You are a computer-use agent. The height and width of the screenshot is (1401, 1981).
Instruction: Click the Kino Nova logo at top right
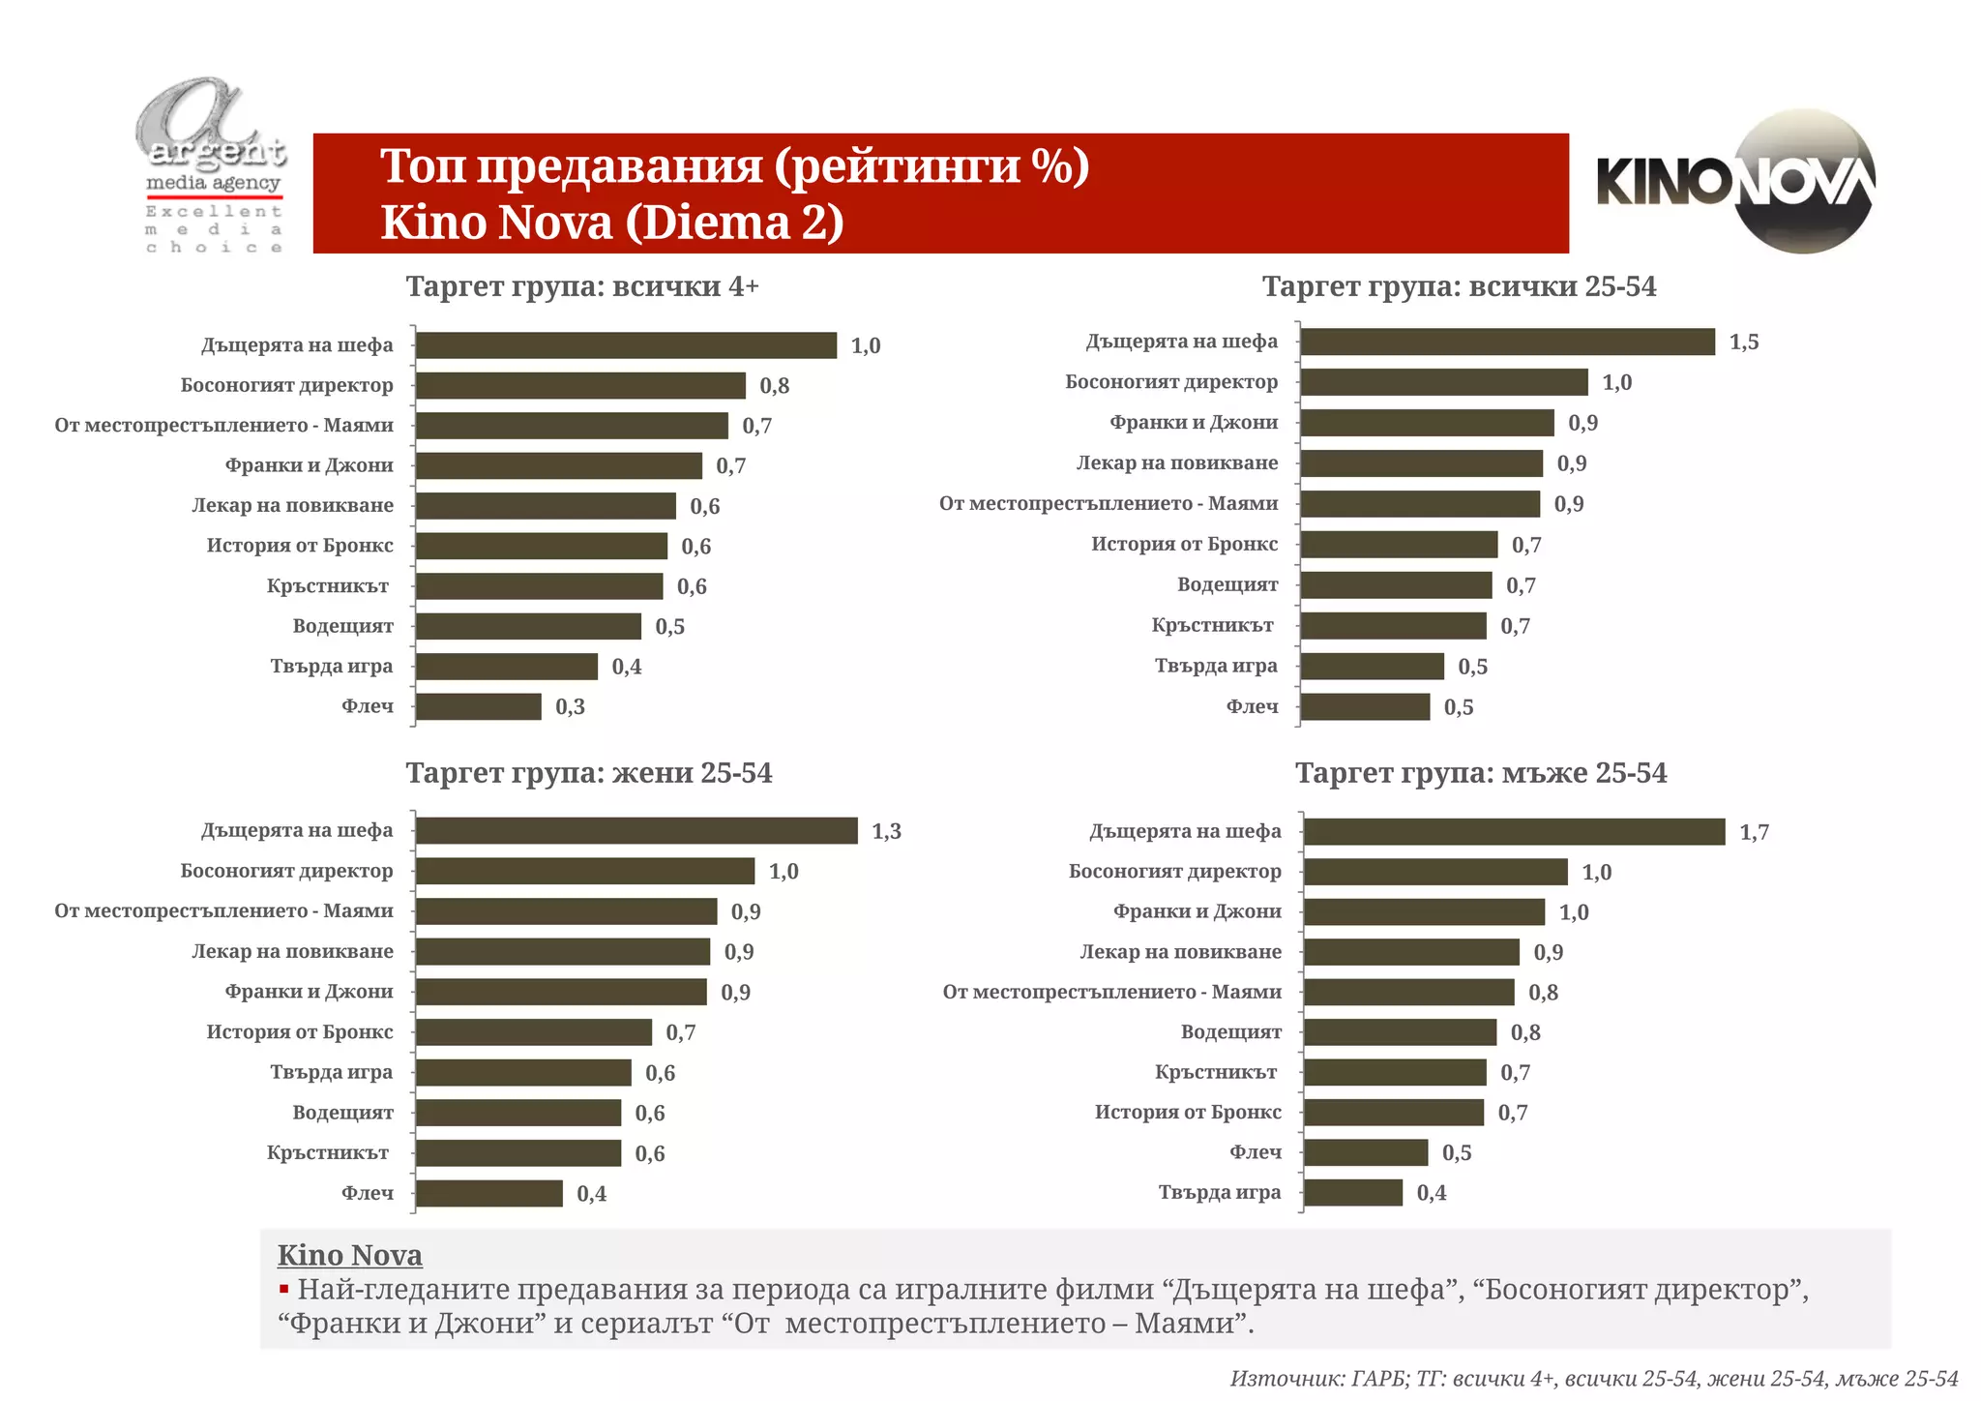tap(1736, 182)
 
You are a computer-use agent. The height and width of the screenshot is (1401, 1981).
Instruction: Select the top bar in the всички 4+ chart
tap(626, 345)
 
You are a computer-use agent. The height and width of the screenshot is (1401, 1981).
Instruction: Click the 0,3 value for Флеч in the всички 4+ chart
tap(570, 707)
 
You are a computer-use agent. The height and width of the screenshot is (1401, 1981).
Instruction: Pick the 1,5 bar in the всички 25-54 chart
tap(1507, 342)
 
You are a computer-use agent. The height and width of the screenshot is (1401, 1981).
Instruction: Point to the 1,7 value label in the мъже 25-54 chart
tap(1754, 832)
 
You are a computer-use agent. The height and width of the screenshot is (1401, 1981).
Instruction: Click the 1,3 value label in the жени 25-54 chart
tap(886, 831)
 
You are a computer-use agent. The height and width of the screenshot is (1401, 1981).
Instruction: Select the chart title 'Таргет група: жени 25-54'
tap(588, 773)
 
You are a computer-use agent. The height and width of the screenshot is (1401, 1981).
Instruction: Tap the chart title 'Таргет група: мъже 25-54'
tap(1481, 773)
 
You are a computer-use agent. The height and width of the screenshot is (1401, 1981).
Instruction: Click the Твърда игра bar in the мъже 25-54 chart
tap(1353, 1193)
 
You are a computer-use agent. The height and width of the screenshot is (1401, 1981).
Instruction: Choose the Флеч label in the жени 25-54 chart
tap(368, 1193)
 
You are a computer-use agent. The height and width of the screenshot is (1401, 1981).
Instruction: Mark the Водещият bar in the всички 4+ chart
tap(528, 626)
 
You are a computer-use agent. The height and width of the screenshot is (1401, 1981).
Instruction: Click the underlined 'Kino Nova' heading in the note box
tap(349, 1255)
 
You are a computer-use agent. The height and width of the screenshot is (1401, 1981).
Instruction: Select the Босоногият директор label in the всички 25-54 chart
tap(1171, 382)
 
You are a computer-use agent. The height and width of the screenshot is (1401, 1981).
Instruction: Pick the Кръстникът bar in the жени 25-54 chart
tap(518, 1153)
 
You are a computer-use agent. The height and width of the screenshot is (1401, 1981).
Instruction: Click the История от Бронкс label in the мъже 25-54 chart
tap(1188, 1113)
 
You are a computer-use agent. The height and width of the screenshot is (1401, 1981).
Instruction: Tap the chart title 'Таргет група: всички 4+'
tap(582, 286)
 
